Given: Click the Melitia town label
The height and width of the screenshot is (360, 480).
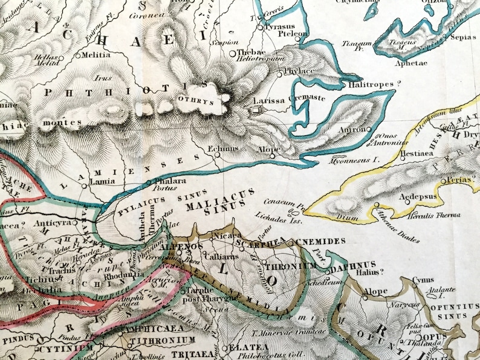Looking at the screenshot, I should coord(97,55).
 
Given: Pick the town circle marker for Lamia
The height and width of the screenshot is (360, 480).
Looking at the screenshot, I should coord(83,187).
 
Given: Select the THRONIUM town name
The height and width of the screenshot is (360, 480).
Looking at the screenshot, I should coord(291,265).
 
